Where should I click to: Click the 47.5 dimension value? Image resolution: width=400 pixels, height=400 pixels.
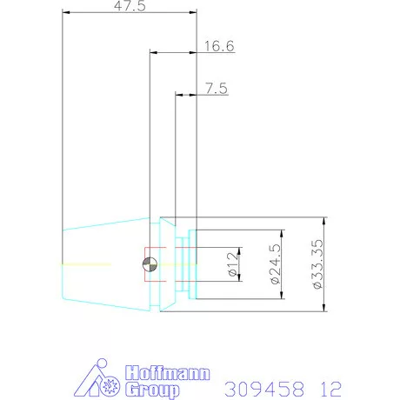coord(131,6)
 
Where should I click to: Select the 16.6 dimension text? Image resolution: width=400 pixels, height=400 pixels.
coord(218,46)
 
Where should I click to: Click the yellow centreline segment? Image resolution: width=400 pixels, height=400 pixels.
coord(87,263)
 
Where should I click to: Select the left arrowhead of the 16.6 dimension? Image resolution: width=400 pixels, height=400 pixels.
coord(154,53)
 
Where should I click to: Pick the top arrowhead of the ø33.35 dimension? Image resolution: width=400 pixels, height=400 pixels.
coord(323,219)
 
